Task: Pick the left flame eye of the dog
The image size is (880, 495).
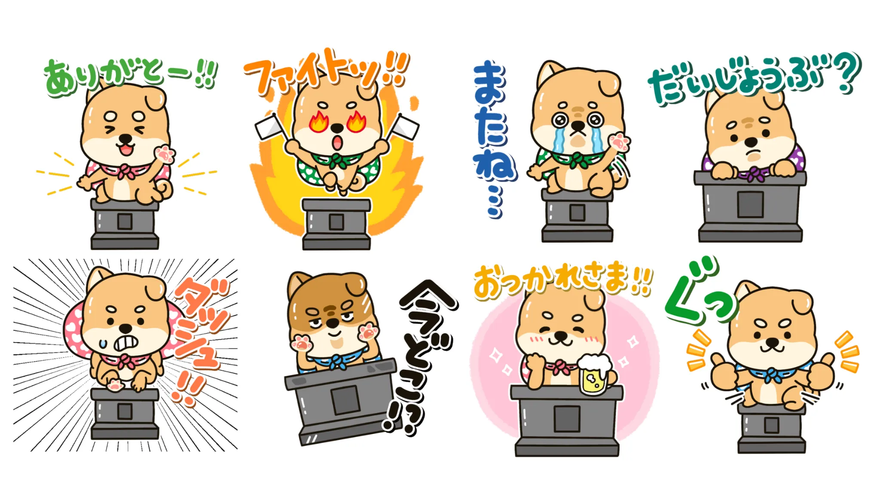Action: point(318,122)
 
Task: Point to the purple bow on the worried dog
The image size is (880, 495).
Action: point(753,174)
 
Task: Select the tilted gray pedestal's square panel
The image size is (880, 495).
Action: point(345,400)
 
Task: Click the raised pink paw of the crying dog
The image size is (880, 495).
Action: point(619,142)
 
